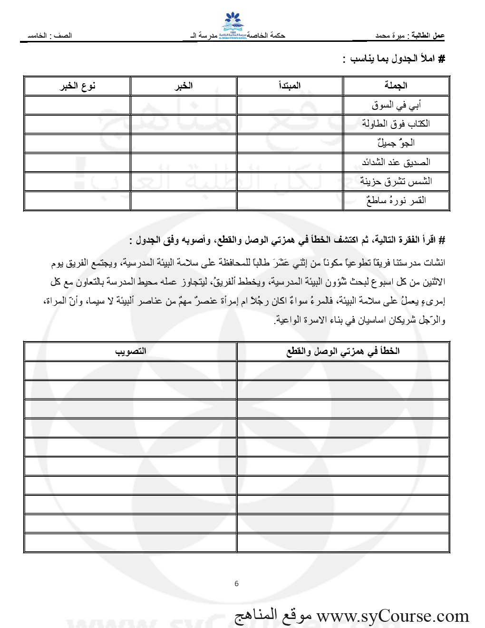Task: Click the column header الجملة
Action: point(396,86)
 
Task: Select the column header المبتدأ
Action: point(290,86)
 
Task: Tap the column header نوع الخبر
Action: point(78,86)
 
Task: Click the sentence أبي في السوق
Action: point(396,105)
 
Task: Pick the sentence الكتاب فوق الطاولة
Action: point(396,124)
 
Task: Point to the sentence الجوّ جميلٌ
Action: point(396,143)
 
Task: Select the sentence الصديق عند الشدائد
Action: point(396,162)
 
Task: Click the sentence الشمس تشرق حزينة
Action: point(396,181)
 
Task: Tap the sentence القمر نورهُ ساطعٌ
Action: point(396,200)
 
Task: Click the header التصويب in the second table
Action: point(130,351)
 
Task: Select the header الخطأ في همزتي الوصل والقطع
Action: point(343,351)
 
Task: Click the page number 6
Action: point(237,584)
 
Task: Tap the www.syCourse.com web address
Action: point(393,616)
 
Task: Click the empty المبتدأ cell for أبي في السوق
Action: point(290,105)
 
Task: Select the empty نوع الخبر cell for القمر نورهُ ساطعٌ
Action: point(77,200)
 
